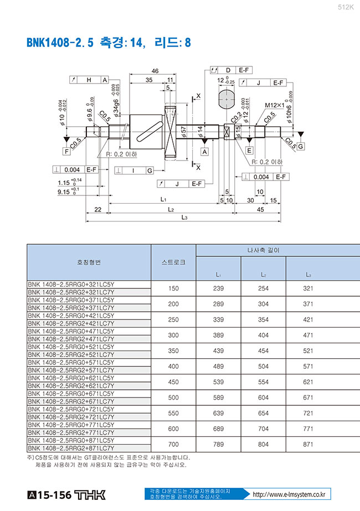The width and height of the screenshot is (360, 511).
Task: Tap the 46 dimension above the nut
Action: [155, 71]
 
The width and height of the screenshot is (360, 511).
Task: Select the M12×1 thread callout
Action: [274, 105]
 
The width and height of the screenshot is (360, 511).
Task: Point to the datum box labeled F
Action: [66, 151]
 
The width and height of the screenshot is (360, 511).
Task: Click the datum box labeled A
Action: [205, 151]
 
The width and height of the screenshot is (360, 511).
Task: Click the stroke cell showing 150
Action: [173, 288]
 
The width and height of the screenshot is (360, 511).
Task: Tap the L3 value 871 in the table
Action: [308, 444]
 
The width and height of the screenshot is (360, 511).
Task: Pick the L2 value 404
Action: [264, 335]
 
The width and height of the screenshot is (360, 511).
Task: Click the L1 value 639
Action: [218, 413]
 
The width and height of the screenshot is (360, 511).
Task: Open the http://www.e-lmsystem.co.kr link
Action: [287, 494]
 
